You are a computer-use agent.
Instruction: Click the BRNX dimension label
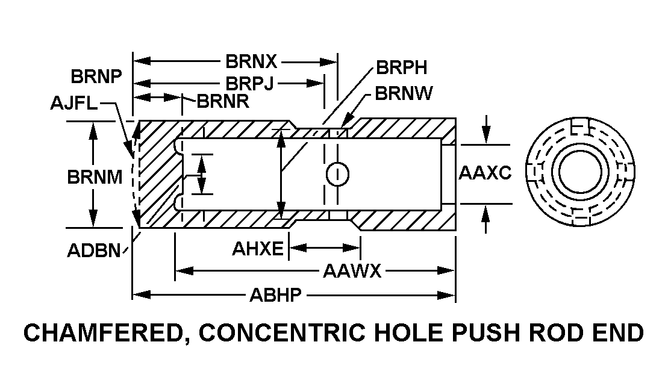[x=251, y=61]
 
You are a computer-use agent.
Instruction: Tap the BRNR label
[x=223, y=101]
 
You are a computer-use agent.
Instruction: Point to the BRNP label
[x=96, y=77]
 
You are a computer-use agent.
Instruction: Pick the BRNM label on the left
[x=95, y=177]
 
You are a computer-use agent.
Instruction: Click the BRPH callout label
[x=401, y=67]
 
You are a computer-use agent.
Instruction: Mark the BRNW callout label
[x=404, y=93]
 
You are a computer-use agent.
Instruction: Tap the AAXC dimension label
[x=485, y=173]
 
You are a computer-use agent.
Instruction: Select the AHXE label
[x=257, y=248]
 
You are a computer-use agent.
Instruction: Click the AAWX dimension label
[x=352, y=271]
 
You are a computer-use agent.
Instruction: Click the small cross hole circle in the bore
[x=337, y=174]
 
